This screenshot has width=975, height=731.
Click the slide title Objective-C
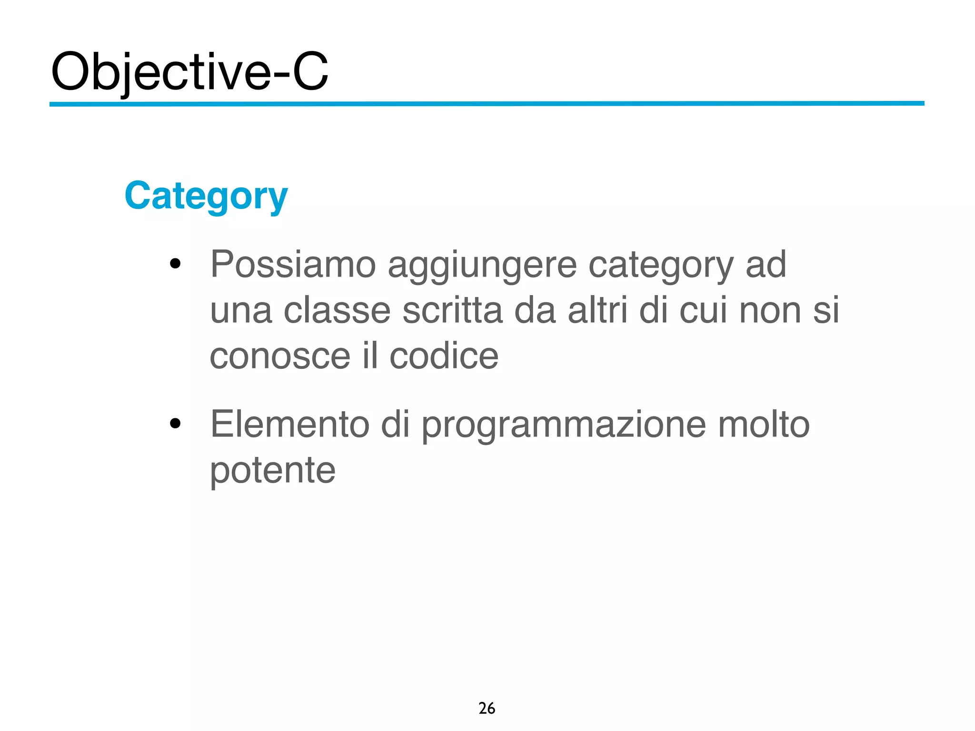189,72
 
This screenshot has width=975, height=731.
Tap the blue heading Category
206,196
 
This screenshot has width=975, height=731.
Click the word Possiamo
293,264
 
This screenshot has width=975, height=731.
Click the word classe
337,310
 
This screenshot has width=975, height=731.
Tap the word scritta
452,310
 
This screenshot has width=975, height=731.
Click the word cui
703,310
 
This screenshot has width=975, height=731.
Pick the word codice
444,356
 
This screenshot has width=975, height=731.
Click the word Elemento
290,424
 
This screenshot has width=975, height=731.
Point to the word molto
763,424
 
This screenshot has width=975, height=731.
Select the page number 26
487,708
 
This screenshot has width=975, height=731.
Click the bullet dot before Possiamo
175,263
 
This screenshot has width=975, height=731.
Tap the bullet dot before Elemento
175,423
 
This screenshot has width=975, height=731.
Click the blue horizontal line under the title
487,103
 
